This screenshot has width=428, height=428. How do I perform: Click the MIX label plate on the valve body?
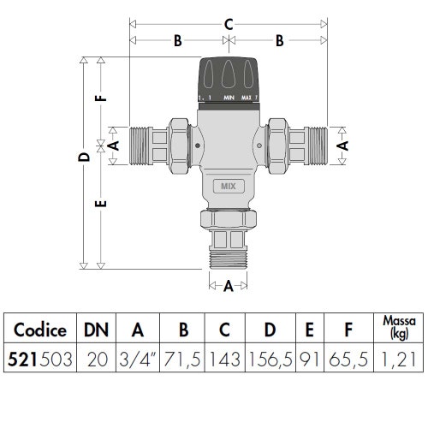[x=228, y=184]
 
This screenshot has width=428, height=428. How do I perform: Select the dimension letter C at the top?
[x=229, y=25]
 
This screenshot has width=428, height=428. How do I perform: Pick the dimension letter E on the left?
[x=101, y=206]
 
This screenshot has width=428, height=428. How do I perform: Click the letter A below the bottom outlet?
[x=229, y=288]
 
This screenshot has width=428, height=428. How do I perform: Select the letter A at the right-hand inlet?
[x=343, y=145]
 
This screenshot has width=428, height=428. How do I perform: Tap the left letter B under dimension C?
[x=178, y=40]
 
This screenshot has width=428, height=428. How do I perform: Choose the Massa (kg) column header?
[x=399, y=328]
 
